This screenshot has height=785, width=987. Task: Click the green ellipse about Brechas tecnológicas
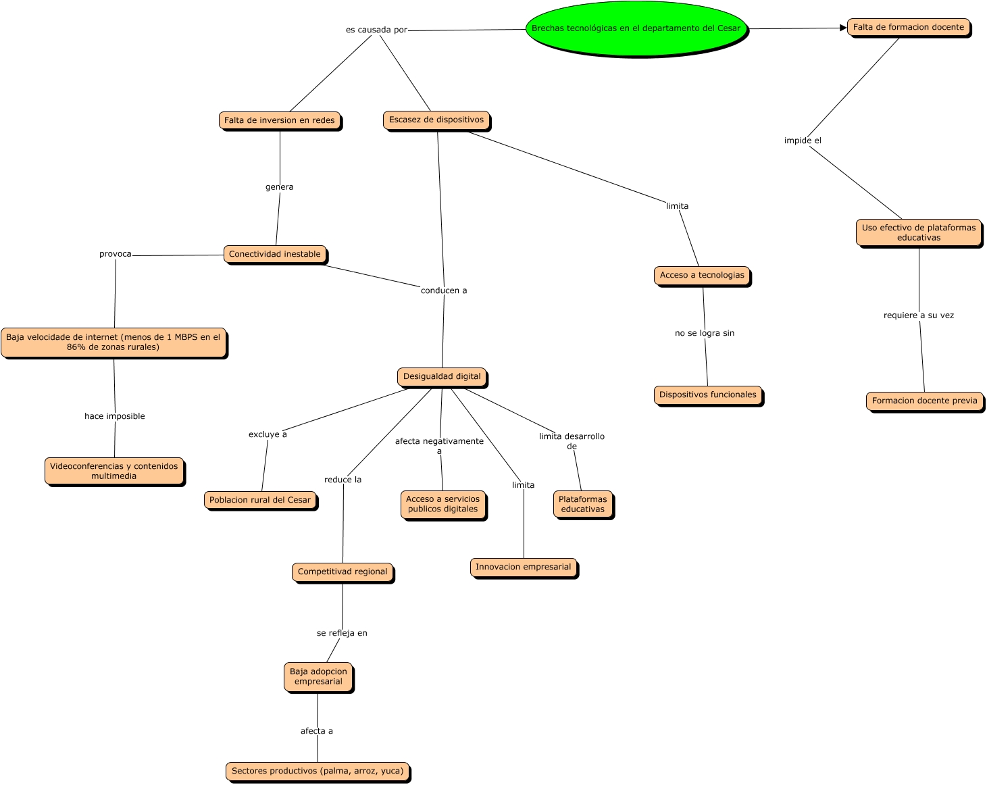(x=636, y=29)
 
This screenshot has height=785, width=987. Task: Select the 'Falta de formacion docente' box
(x=908, y=28)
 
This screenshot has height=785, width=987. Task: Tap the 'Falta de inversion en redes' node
(x=280, y=120)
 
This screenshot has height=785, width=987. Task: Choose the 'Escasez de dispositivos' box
(x=436, y=120)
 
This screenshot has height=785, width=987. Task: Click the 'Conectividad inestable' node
(x=275, y=255)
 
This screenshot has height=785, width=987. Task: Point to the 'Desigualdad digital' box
(x=442, y=377)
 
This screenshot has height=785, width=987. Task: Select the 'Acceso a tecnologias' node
(x=702, y=276)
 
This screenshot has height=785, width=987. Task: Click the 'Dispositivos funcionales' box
(x=708, y=395)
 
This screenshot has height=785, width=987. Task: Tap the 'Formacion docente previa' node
(x=924, y=401)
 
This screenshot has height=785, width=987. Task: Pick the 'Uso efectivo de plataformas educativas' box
(x=919, y=233)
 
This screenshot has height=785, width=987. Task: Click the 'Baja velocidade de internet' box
(x=113, y=343)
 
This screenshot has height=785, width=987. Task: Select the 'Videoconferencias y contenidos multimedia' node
(x=114, y=472)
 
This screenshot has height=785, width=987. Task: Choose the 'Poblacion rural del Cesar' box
(x=260, y=501)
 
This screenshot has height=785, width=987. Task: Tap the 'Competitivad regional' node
(x=343, y=572)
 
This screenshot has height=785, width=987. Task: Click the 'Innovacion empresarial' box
(x=524, y=567)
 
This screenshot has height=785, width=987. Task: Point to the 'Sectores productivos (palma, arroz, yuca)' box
(x=318, y=771)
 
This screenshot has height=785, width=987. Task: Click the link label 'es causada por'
(x=376, y=30)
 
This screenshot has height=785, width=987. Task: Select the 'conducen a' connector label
(x=444, y=291)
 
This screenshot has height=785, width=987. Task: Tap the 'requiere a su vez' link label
(x=919, y=315)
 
